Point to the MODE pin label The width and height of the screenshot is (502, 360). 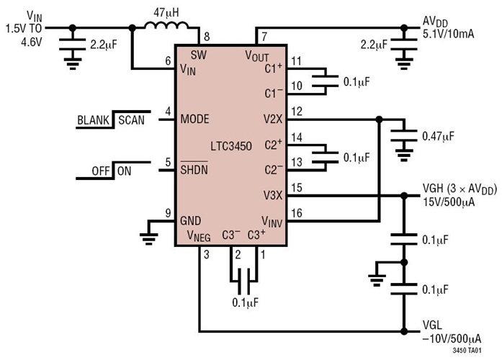tap(195, 119)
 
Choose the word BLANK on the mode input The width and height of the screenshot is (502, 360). tap(95, 120)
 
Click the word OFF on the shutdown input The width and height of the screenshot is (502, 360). tap(101, 172)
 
